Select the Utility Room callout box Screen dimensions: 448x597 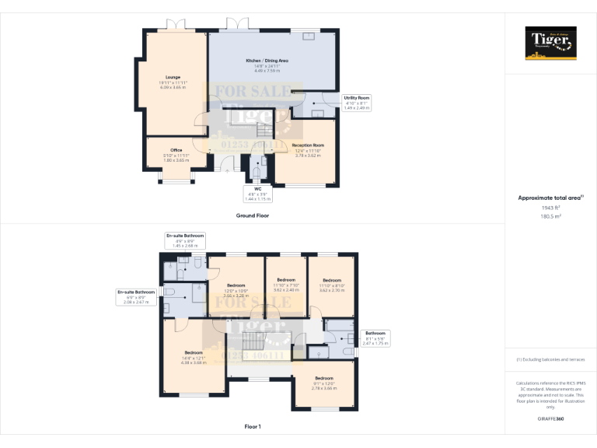click(358, 103)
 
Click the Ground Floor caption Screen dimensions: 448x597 click(253, 215)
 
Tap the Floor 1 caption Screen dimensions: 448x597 click(253, 427)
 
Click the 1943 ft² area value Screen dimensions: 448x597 click(550, 208)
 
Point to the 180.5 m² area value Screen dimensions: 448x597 click(550, 217)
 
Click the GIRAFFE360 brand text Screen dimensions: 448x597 click(550, 419)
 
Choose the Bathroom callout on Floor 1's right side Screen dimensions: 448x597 click(375, 338)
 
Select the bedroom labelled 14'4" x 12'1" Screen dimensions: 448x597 click(193, 357)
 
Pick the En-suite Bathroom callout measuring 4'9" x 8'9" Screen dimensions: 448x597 click(185, 240)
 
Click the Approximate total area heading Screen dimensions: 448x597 click(550, 198)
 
